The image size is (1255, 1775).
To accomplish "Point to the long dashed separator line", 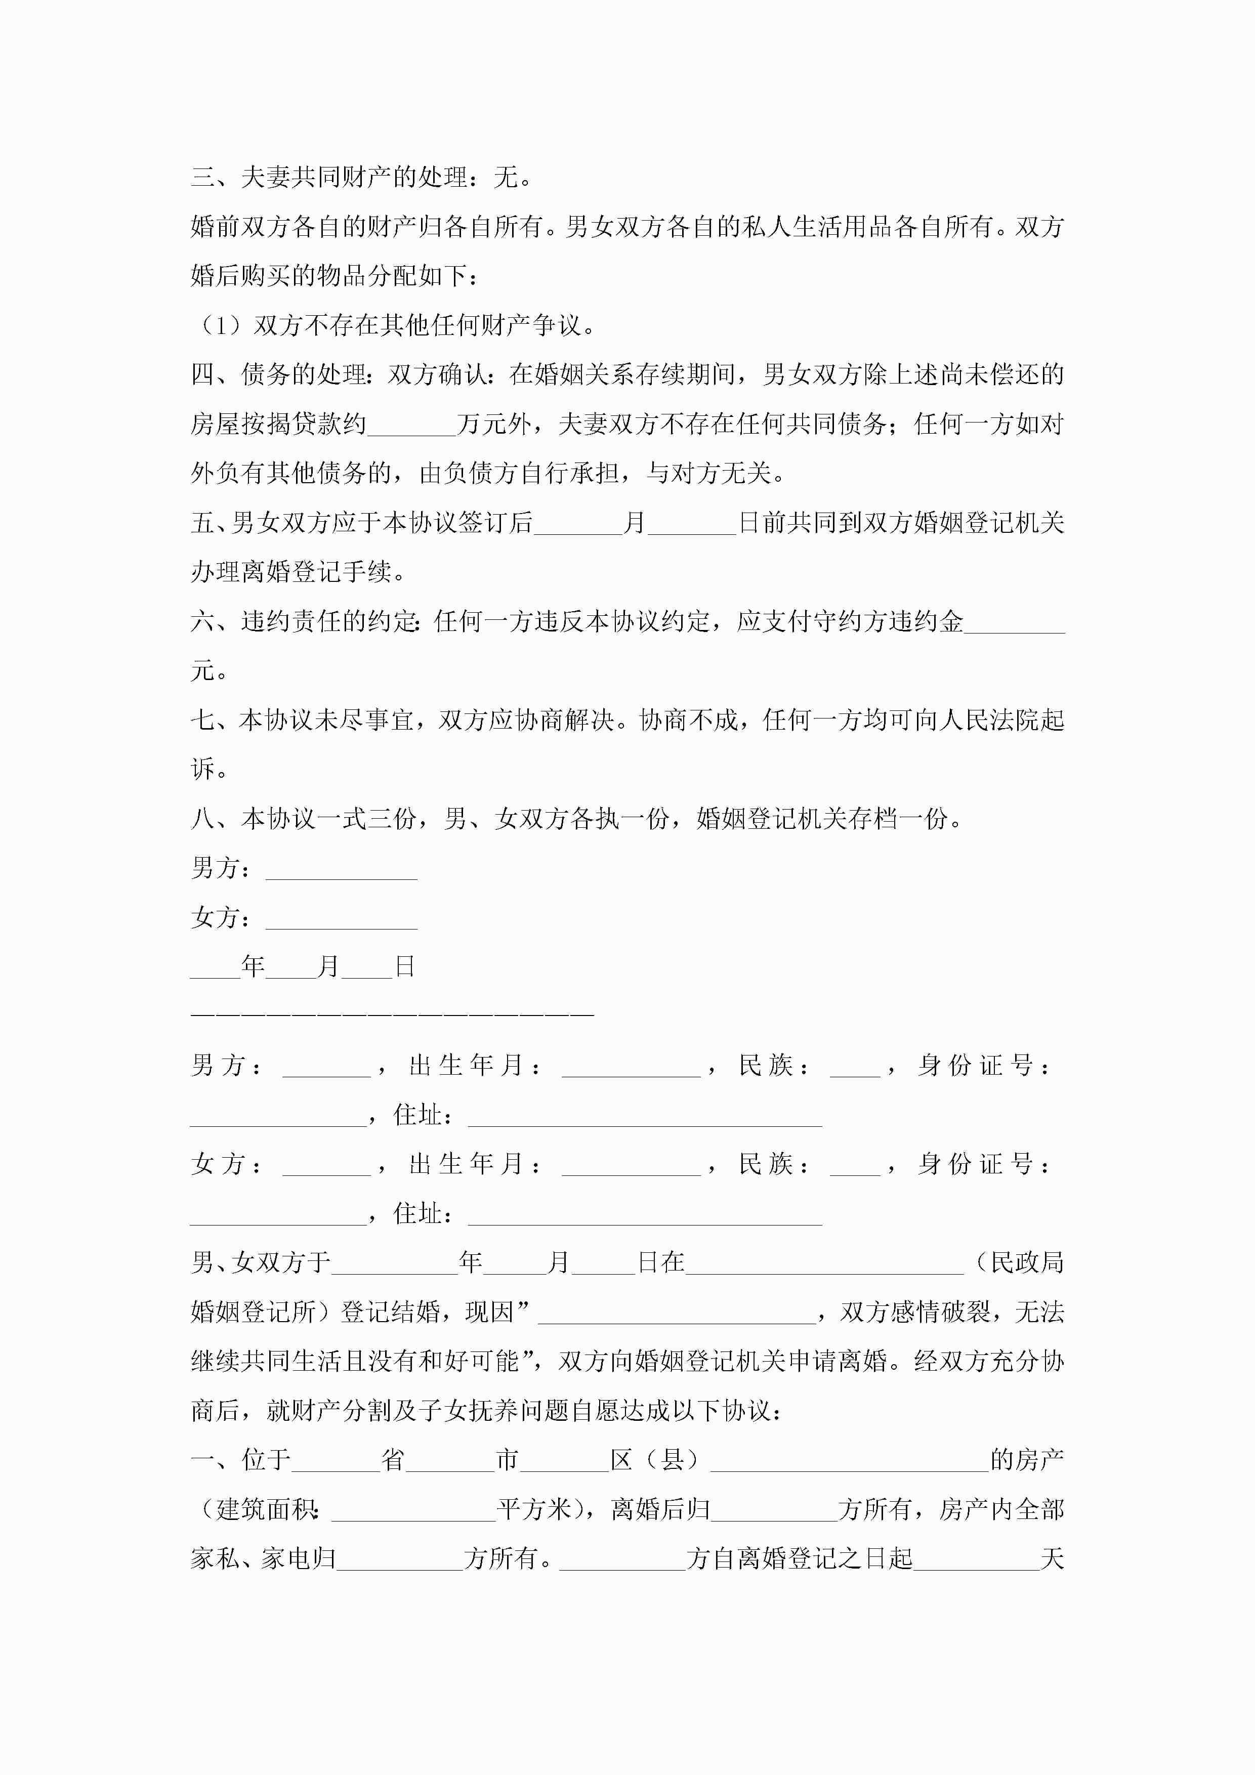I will (392, 1013).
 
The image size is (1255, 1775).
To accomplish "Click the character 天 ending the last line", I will (1053, 1559).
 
